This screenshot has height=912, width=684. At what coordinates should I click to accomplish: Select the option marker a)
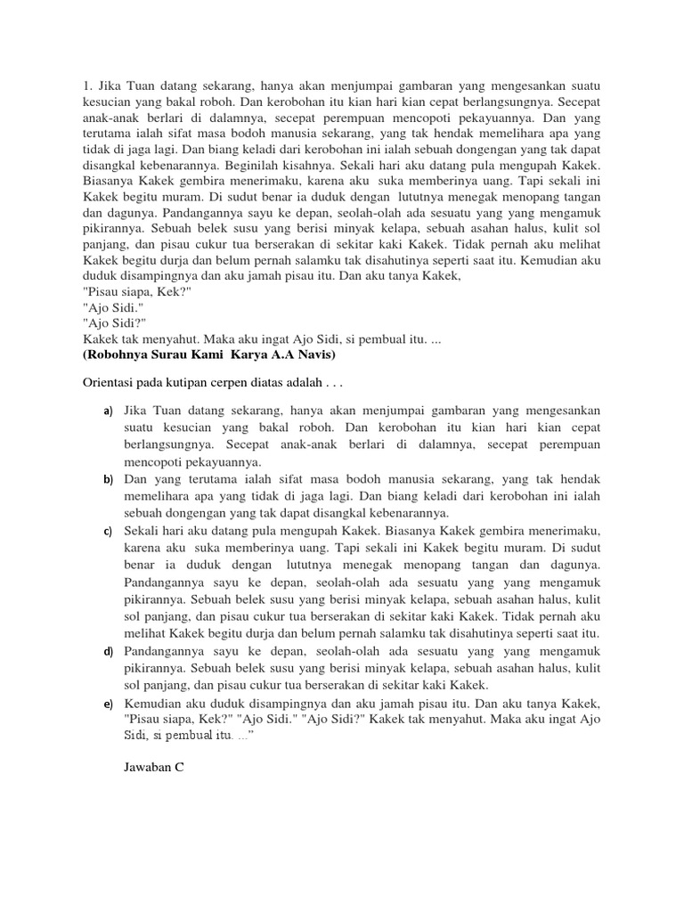107,411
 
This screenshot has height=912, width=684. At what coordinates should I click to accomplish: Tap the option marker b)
107,480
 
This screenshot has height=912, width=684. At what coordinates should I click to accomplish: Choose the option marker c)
107,532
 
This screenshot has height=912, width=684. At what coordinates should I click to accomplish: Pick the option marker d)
107,651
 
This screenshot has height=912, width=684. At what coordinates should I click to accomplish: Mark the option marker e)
107,703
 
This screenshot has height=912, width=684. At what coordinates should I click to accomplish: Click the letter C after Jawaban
179,766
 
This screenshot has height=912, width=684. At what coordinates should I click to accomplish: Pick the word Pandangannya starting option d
165,651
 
